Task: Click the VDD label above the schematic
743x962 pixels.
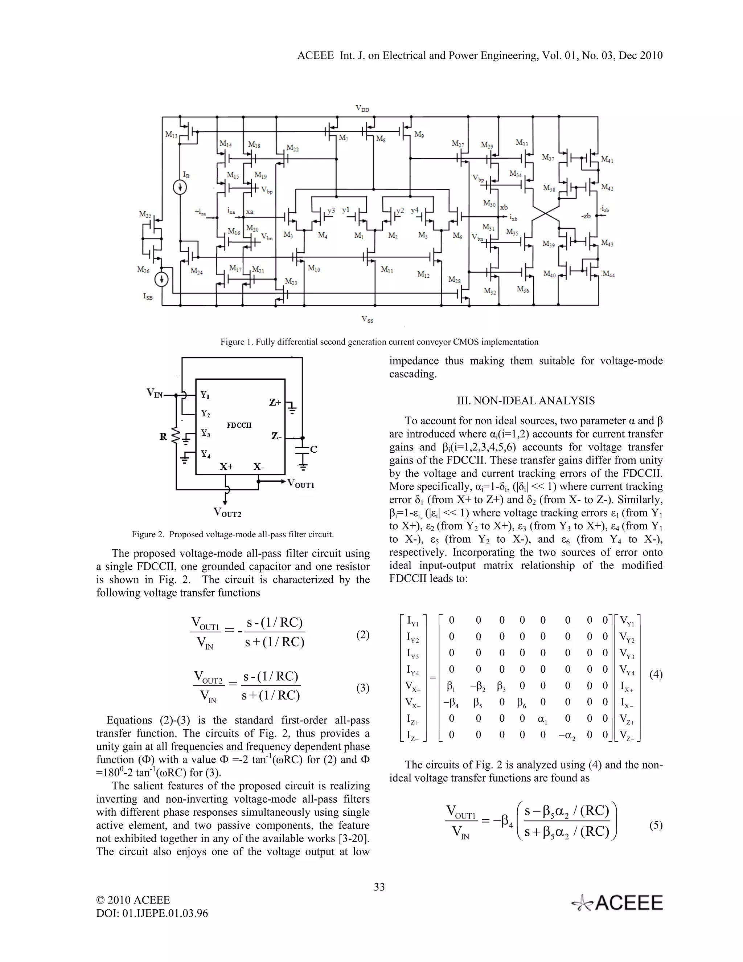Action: pyautogui.click(x=363, y=109)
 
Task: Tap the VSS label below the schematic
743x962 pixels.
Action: pyautogui.click(x=367, y=320)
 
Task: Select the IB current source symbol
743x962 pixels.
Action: pyautogui.click(x=180, y=188)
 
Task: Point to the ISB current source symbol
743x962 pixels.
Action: pyautogui.click(x=162, y=279)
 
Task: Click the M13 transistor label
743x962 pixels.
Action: pyautogui.click(x=172, y=136)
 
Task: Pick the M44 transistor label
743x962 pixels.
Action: pyautogui.click(x=608, y=274)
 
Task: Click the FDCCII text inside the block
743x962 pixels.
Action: pyautogui.click(x=239, y=425)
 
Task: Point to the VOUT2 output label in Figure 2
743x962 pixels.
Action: pyautogui.click(x=227, y=512)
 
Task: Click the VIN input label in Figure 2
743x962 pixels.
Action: pyautogui.click(x=155, y=393)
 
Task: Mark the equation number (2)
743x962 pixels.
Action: pyautogui.click(x=363, y=635)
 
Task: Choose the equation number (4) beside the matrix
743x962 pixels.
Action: pyautogui.click(x=656, y=674)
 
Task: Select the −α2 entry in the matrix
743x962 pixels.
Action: pyautogui.click(x=568, y=735)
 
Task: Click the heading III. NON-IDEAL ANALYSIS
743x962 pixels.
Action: pyautogui.click(x=526, y=401)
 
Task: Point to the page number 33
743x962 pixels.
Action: pyautogui.click(x=379, y=887)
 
